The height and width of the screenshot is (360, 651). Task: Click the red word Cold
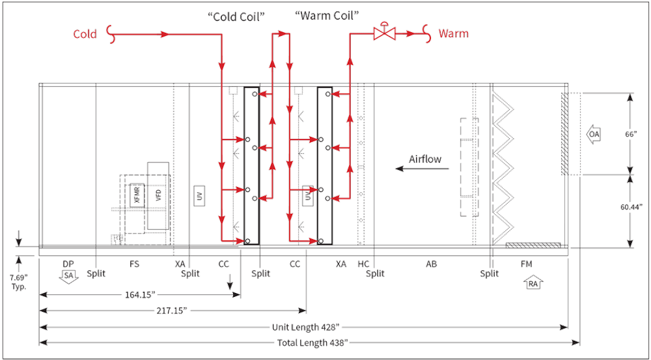click(85, 34)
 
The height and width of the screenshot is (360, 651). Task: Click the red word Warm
click(453, 33)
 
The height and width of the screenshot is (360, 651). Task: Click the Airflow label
click(425, 159)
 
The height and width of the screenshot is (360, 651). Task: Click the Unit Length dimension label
click(306, 327)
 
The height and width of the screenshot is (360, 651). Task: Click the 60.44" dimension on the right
click(632, 207)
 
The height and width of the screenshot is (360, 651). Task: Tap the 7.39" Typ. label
click(19, 280)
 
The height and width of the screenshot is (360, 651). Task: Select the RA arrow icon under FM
click(532, 284)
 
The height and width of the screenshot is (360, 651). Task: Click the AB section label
click(431, 264)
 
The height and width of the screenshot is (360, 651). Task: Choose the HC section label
click(365, 264)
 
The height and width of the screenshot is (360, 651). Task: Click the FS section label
click(134, 264)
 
